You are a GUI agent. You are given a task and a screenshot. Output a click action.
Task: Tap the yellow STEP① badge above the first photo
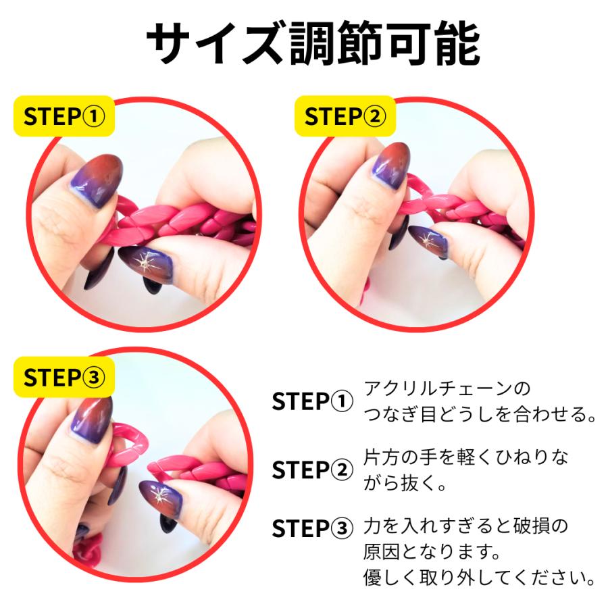pyautogui.click(x=64, y=116)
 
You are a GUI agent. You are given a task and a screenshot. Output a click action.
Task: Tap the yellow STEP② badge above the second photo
pyautogui.click(x=345, y=116)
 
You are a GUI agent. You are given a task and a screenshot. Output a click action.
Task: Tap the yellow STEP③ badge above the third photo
pyautogui.click(x=64, y=378)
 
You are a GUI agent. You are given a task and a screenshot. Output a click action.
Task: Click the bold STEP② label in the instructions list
pyautogui.click(x=312, y=469)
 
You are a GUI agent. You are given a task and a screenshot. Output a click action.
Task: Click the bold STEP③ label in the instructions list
pyautogui.click(x=312, y=528)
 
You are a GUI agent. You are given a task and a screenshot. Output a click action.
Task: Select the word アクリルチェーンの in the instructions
pyautogui.click(x=447, y=389)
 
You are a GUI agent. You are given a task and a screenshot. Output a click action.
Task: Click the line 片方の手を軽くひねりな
pyautogui.click(x=466, y=457)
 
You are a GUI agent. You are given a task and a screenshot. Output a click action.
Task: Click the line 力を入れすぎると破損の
pyautogui.click(x=466, y=525)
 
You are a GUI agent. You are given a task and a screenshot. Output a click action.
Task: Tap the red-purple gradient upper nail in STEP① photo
pyautogui.click(x=98, y=179)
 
